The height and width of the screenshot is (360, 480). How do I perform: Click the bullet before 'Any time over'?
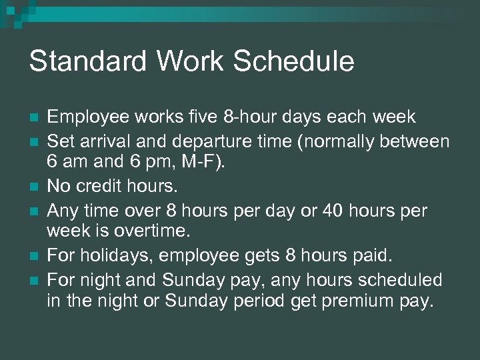click(x=33, y=211)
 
